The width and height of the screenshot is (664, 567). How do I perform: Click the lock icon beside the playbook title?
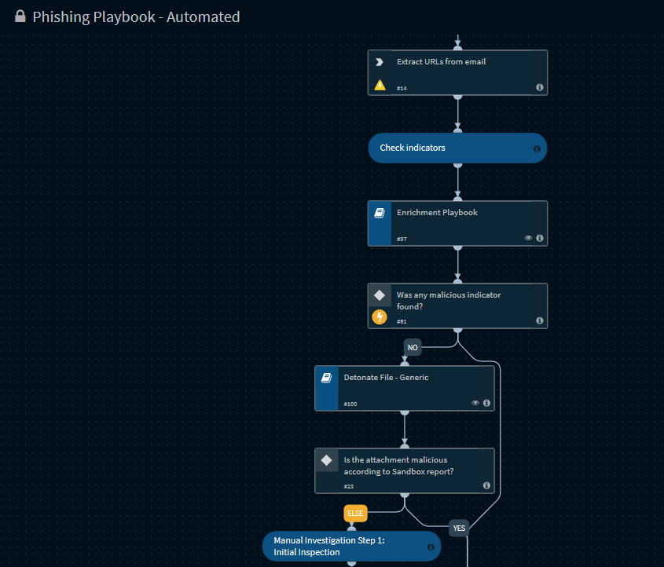(20, 16)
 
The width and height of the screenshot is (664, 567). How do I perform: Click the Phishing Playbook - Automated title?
(137, 17)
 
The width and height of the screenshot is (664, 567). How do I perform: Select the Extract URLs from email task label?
(442, 62)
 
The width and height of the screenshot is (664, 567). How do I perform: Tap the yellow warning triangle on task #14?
(380, 85)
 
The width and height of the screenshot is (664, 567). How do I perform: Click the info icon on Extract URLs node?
(540, 87)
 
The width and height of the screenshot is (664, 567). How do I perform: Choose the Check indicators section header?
(413, 148)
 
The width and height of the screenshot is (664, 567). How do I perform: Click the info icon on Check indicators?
(537, 149)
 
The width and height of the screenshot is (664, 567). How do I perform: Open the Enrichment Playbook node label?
(437, 212)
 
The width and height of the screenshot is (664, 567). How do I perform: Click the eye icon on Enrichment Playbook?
(528, 238)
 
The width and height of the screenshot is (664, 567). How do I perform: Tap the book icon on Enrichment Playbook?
(380, 213)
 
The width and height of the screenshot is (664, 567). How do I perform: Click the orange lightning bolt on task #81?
(380, 317)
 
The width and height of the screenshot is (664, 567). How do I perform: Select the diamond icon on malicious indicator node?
(380, 295)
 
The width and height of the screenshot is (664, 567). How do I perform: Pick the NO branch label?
(413, 347)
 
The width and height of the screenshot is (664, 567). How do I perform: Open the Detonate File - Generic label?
(386, 378)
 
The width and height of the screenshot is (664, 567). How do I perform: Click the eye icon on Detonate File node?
(475, 403)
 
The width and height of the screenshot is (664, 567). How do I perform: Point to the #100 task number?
(350, 404)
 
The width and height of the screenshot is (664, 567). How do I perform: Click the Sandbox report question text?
(398, 466)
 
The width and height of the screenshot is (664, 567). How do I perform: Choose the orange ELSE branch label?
(355, 514)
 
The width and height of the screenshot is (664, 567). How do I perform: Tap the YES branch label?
(459, 528)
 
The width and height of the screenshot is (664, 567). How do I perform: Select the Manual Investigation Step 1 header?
(329, 547)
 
